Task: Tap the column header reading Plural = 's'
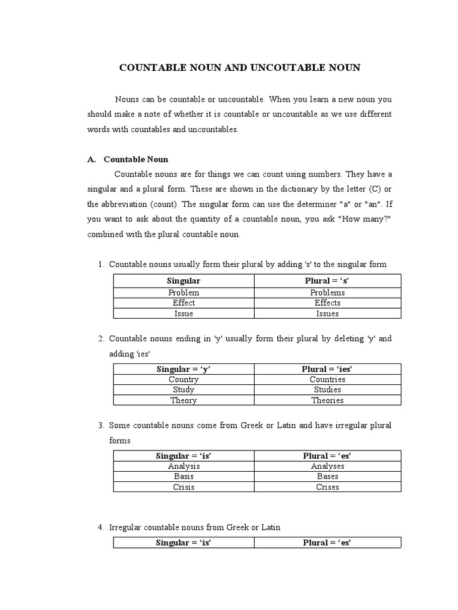pyautogui.click(x=327, y=281)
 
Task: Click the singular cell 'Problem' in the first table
pyautogui.click(x=184, y=292)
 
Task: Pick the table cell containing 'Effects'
pyautogui.click(x=327, y=303)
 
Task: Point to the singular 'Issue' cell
pyautogui.click(x=184, y=314)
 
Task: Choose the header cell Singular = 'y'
pyautogui.click(x=184, y=369)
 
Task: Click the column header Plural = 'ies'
pyautogui.click(x=327, y=369)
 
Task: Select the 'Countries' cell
pyautogui.click(x=327, y=379)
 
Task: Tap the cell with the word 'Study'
pyautogui.click(x=184, y=390)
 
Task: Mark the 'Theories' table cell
pyautogui.click(x=327, y=401)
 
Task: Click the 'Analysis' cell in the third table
pyautogui.click(x=184, y=466)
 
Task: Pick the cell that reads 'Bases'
pyautogui.click(x=327, y=477)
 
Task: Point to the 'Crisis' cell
pyautogui.click(x=184, y=488)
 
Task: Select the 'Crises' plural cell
pyautogui.click(x=327, y=488)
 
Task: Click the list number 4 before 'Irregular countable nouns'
pyautogui.click(x=101, y=527)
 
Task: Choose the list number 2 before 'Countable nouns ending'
pyautogui.click(x=101, y=339)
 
